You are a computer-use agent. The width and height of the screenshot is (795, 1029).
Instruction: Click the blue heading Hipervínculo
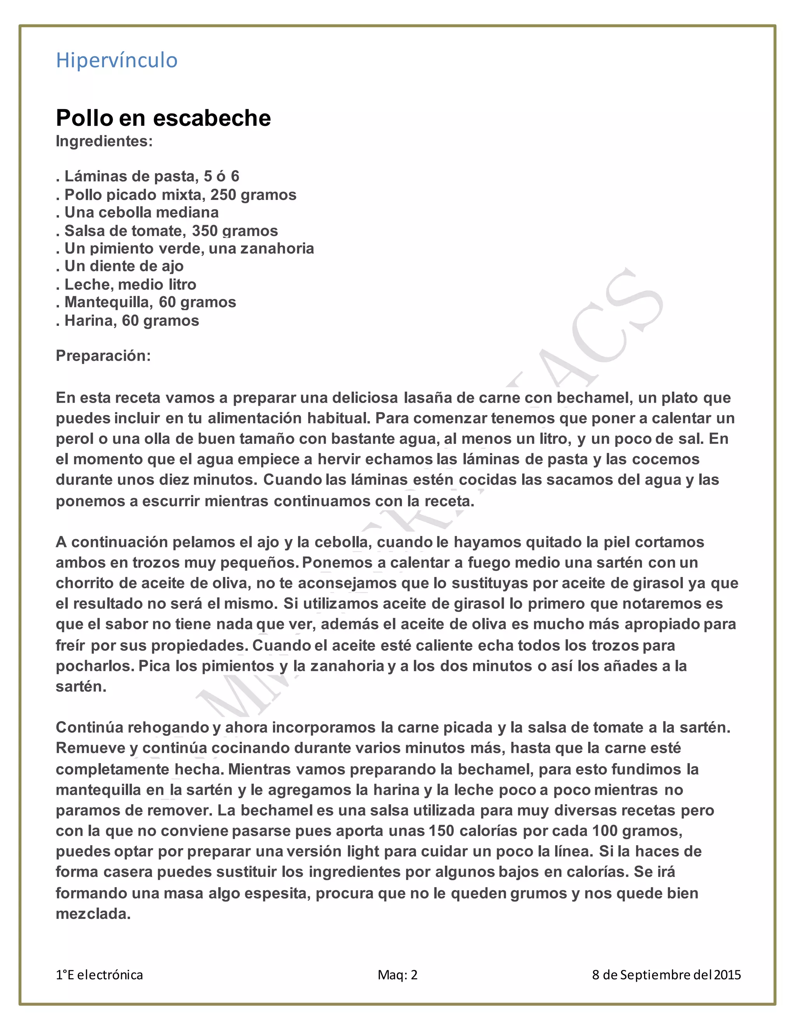point(117,60)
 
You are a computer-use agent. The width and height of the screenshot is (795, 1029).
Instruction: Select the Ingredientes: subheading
point(104,141)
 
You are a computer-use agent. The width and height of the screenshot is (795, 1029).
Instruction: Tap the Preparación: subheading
point(103,355)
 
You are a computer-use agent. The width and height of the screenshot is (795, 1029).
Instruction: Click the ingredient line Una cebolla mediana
point(137,212)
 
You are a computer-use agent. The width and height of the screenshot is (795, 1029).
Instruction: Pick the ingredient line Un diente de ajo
point(120,266)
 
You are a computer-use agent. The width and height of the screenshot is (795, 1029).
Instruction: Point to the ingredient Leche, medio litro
point(126,284)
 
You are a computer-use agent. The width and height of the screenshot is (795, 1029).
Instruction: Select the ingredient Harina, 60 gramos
point(127,320)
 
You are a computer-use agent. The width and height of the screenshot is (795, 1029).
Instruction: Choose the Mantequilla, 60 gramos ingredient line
point(146,302)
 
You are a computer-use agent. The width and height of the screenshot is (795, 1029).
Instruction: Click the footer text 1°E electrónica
point(99,974)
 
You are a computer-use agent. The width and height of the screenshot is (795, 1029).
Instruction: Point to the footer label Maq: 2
point(397,974)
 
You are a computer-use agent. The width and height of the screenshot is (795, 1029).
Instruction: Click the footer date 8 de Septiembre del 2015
point(667,974)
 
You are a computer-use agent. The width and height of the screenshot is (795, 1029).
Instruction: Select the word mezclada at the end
point(93,914)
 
